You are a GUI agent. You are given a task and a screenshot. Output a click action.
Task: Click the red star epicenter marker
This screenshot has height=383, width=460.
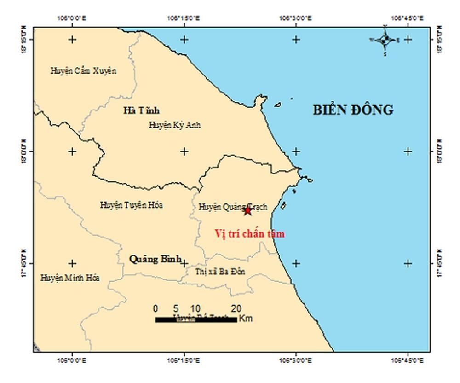pyautogui.click(x=247, y=211)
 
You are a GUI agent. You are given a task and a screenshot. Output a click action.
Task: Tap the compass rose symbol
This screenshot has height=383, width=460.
pyautogui.click(x=385, y=40)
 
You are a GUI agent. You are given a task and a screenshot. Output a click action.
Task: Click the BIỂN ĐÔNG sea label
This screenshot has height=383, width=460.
pyautogui.click(x=353, y=110)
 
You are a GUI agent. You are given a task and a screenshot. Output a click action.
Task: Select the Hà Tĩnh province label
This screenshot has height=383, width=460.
pyautogui.click(x=141, y=110)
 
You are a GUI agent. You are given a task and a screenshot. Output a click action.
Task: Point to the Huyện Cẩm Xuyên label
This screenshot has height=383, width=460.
pyautogui.click(x=83, y=71)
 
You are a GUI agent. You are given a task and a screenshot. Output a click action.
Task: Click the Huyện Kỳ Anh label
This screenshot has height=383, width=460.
pyautogui.click(x=174, y=125)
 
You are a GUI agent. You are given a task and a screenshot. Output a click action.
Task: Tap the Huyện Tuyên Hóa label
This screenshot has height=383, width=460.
pyautogui.click(x=131, y=205)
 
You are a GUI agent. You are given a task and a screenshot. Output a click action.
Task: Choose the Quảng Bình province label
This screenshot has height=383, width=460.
pyautogui.click(x=155, y=259)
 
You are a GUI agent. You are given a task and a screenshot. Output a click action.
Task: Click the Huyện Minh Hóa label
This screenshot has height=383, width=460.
pyautogui.click(x=70, y=278)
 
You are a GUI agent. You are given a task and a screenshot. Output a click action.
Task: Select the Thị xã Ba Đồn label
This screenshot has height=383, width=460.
pyautogui.click(x=220, y=272)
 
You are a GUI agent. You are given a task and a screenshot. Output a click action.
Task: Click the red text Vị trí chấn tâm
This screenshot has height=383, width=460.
pyautogui.click(x=250, y=234)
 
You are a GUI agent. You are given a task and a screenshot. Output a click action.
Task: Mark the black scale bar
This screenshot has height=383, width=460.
pyautogui.click(x=196, y=319)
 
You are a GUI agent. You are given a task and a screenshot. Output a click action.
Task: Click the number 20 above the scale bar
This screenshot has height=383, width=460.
pyautogui.click(x=236, y=308)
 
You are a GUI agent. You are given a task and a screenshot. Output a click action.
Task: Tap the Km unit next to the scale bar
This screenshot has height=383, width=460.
pyautogui.click(x=246, y=319)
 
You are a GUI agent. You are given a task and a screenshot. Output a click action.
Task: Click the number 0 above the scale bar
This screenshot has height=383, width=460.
pyautogui.click(x=156, y=308)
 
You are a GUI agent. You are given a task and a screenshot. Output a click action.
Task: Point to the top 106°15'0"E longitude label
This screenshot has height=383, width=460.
pyautogui.click(x=184, y=18)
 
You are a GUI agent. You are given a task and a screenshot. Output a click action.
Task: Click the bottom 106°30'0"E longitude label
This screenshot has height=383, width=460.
pyautogui.click(x=296, y=360)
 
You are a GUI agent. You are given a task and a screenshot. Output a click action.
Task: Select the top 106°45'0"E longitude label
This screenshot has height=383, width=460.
pyautogui.click(x=408, y=18)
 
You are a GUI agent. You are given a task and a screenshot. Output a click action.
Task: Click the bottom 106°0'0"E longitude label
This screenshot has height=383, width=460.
pyautogui.click(x=72, y=360)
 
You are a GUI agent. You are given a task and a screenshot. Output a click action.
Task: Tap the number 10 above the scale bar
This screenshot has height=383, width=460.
pyautogui.click(x=195, y=308)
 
